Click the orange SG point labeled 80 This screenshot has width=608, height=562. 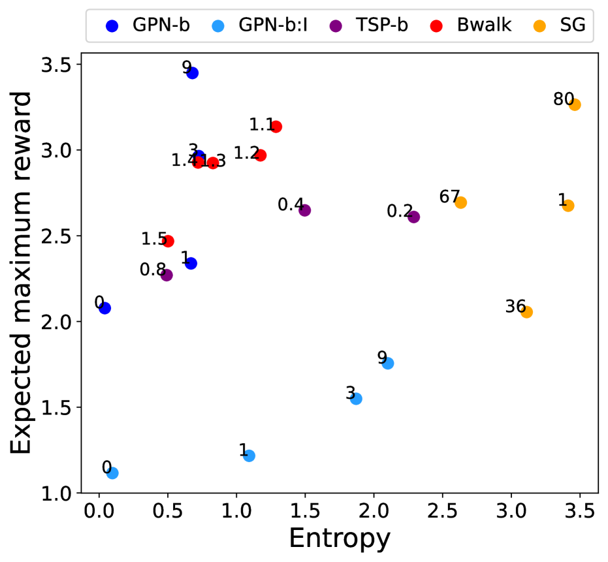click(575, 104)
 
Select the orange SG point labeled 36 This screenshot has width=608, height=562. click(526, 312)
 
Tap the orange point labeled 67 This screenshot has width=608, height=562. click(461, 202)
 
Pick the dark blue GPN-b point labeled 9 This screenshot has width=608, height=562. click(192, 72)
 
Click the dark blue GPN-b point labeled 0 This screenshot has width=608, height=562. click(104, 308)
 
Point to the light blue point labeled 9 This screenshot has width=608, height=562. click(388, 363)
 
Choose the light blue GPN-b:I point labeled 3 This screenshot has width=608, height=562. click(356, 398)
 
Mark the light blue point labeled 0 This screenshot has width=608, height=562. click(112, 473)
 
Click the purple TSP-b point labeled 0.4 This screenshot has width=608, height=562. click(304, 210)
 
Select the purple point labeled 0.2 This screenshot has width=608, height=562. click(413, 217)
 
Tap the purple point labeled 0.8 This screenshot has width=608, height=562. click(167, 275)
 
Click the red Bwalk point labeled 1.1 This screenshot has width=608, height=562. click(276, 127)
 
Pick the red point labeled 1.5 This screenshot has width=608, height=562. click(168, 241)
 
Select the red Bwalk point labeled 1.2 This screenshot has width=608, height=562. click(261, 155)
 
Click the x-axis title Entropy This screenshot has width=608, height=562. click(340, 539)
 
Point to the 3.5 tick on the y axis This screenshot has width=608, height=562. click(57, 65)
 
